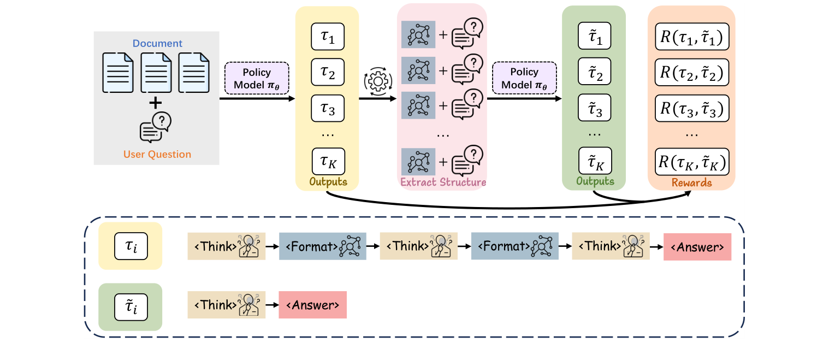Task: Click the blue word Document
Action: pyautogui.click(x=157, y=43)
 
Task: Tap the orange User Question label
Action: pyautogui.click(x=157, y=154)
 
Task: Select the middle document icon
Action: pyautogui.click(x=156, y=73)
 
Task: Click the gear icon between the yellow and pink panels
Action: pyautogui.click(x=378, y=81)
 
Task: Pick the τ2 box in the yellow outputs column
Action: pyautogui.click(x=328, y=72)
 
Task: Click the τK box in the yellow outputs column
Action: pyautogui.click(x=328, y=162)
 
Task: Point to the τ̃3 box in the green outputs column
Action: pyautogui.click(x=594, y=108)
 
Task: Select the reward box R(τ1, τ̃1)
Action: pyautogui.click(x=692, y=37)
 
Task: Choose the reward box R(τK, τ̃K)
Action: pyautogui.click(x=692, y=162)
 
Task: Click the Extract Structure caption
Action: pyautogui.click(x=443, y=182)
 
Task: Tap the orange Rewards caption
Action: pyautogui.click(x=692, y=182)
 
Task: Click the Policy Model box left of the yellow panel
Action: pyautogui.click(x=257, y=78)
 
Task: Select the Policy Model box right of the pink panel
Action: pyautogui.click(x=524, y=78)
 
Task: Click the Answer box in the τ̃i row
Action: pyautogui.click(x=313, y=305)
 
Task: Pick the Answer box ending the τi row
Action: pyautogui.click(x=697, y=247)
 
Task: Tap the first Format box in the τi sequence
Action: pyautogui.click(x=323, y=246)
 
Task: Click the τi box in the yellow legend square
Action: pyautogui.click(x=131, y=246)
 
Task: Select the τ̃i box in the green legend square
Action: pyautogui.click(x=131, y=307)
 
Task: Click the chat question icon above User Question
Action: pyautogui.click(x=156, y=127)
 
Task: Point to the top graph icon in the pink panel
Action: pyautogui.click(x=418, y=35)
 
